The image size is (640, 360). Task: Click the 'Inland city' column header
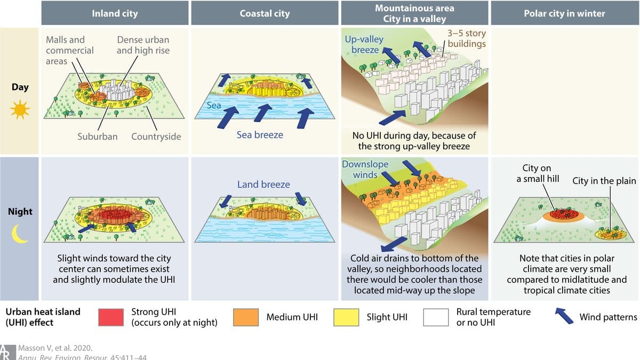[x=115, y=13]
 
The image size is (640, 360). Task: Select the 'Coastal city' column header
[x=265, y=13]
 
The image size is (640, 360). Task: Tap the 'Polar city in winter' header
[x=564, y=13]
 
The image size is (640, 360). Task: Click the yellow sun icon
[x=20, y=109]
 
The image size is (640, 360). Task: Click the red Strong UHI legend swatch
[x=111, y=317]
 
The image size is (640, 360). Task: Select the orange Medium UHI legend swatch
[x=246, y=317]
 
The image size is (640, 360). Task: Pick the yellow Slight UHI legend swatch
[x=346, y=317]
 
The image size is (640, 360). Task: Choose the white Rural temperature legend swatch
[x=436, y=317]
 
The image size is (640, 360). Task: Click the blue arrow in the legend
[x=564, y=316]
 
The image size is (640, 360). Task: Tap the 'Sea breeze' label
[x=260, y=135]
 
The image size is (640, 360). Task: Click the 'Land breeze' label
[x=263, y=185]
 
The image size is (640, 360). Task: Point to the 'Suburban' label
[x=98, y=137]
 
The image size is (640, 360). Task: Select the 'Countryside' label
[x=156, y=137]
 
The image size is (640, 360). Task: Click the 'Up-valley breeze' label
[x=364, y=44]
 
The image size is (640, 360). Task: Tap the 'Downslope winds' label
[x=365, y=170]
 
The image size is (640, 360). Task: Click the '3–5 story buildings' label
[x=467, y=38]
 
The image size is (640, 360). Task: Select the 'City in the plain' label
[x=604, y=181]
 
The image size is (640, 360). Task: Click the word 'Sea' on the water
[x=214, y=105]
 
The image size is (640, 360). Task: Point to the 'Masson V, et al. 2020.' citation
[x=55, y=348]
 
